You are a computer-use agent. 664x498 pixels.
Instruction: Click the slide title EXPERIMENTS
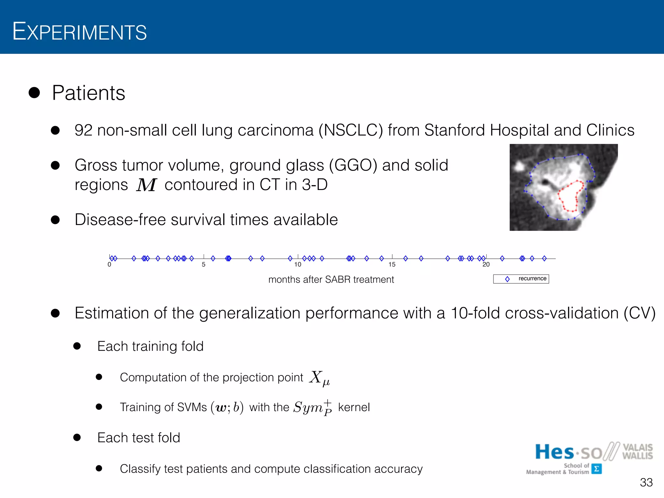[79, 32]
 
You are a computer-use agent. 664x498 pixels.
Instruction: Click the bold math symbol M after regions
[146, 185]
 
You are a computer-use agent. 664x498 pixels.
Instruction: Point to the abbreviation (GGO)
[353, 165]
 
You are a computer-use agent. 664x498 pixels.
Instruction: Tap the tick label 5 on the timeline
[204, 265]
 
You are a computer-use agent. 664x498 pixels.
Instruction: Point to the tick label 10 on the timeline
[298, 265]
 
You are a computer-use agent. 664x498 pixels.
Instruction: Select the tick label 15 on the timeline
[392, 265]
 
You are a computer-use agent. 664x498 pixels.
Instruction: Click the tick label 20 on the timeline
[486, 265]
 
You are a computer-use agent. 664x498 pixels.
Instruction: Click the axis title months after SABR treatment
[331, 279]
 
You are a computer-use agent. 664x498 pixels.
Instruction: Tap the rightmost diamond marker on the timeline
[544, 258]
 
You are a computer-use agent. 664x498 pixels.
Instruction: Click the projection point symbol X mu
[319, 378]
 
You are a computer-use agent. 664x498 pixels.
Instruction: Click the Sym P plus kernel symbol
[312, 407]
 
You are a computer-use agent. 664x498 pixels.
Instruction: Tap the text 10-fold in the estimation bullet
[475, 313]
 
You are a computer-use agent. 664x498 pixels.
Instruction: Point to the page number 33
[646, 482]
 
